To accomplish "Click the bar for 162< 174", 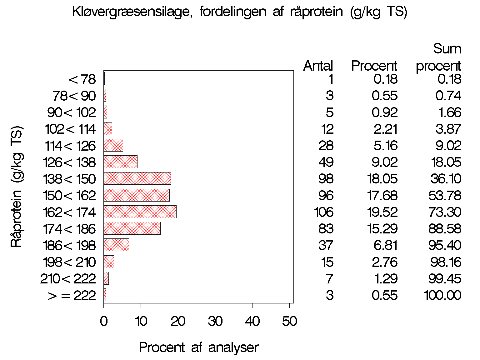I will click(x=140, y=212).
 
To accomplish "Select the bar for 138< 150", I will click(x=137, y=178).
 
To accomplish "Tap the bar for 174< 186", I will click(x=132, y=228).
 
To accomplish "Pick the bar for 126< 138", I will click(x=120, y=162).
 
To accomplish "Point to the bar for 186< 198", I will click(x=116, y=245).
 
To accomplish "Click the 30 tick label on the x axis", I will click(x=215, y=321).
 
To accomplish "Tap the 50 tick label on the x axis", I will click(x=289, y=321).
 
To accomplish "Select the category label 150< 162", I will click(x=69, y=196).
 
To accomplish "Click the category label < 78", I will click(x=82, y=79).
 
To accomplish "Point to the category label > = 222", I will click(x=72, y=295).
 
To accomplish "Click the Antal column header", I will click(x=318, y=66).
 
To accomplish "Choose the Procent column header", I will click(x=374, y=66).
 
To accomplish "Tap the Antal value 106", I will click(x=324, y=212).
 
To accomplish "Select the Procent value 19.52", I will click(x=382, y=212).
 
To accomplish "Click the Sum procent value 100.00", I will click(x=442, y=295).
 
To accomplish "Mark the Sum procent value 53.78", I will click(x=445, y=196).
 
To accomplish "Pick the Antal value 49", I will click(x=326, y=162).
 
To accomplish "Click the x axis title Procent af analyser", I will click(x=199, y=347).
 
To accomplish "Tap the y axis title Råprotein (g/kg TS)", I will click(x=17, y=187).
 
